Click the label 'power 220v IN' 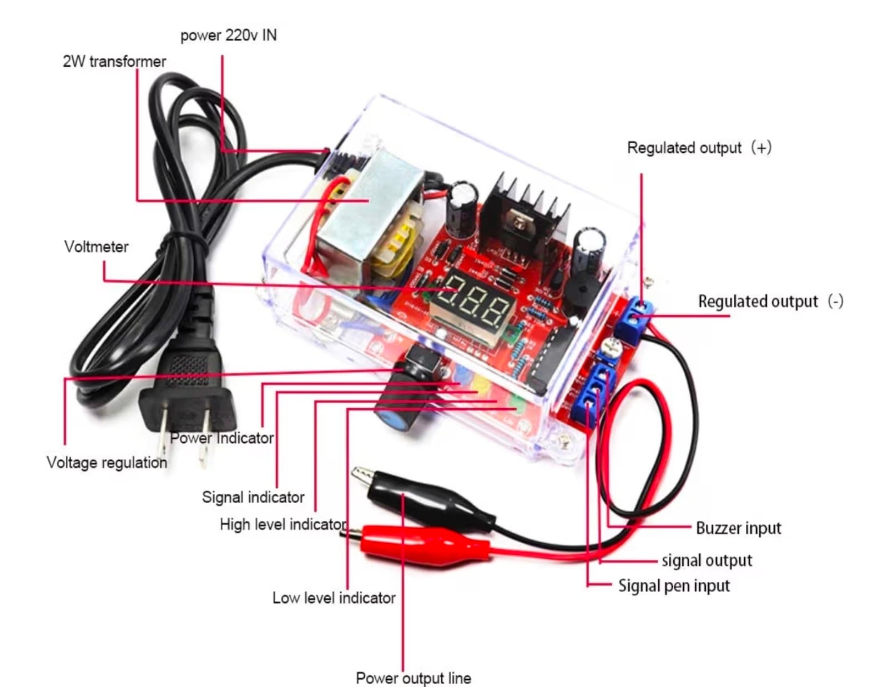pos(228,36)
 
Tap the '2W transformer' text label pos(114,61)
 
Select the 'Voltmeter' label pos(96,247)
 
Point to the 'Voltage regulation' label pos(107,463)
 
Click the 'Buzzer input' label pos(738,528)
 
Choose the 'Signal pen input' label pos(674,586)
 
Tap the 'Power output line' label pos(413,678)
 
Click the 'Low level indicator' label pos(334,598)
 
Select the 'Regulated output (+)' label pos(699,148)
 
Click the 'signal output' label pos(707,560)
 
